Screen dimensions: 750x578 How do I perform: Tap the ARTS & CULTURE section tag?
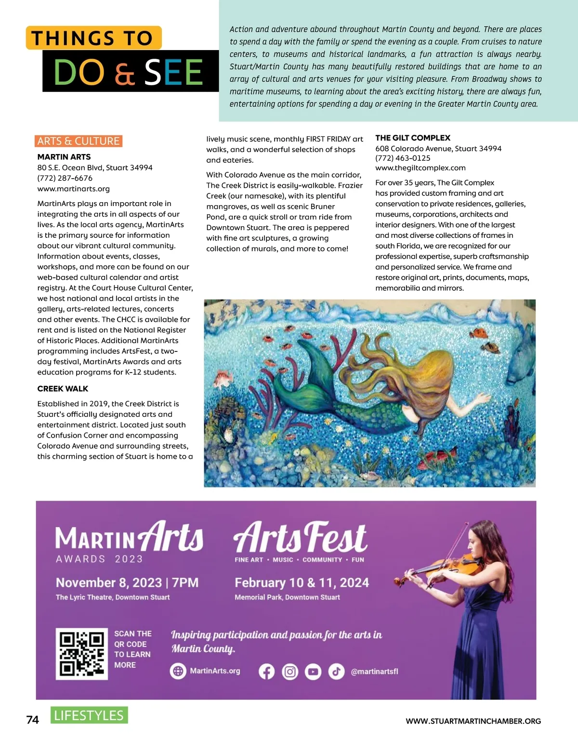pyautogui.click(x=79, y=141)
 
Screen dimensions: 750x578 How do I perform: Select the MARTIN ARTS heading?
pyautogui.click(x=64, y=157)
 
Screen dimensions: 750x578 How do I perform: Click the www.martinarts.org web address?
pyautogui.click(x=74, y=189)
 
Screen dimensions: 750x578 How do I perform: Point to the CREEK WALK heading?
pyautogui.click(x=63, y=388)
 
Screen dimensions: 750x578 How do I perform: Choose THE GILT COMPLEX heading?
pyautogui.click(x=413, y=138)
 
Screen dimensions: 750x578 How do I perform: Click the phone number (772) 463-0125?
pyautogui.click(x=403, y=158)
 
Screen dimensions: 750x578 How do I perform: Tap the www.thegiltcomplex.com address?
pyautogui.click(x=420, y=168)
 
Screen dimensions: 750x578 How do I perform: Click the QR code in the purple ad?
pyautogui.click(x=82, y=654)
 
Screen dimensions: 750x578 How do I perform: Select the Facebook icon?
pyautogui.click(x=266, y=672)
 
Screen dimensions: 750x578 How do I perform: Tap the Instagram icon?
pyautogui.click(x=290, y=672)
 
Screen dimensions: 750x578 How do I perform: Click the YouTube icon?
pyautogui.click(x=313, y=672)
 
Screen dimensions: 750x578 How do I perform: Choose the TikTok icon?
pyautogui.click(x=336, y=672)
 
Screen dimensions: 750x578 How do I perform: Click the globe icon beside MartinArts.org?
pyautogui.click(x=178, y=671)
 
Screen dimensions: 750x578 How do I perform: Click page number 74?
pyautogui.click(x=32, y=720)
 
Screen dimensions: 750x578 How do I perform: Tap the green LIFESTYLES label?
pyautogui.click(x=89, y=715)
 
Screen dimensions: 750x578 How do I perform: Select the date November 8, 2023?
pyautogui.click(x=109, y=583)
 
